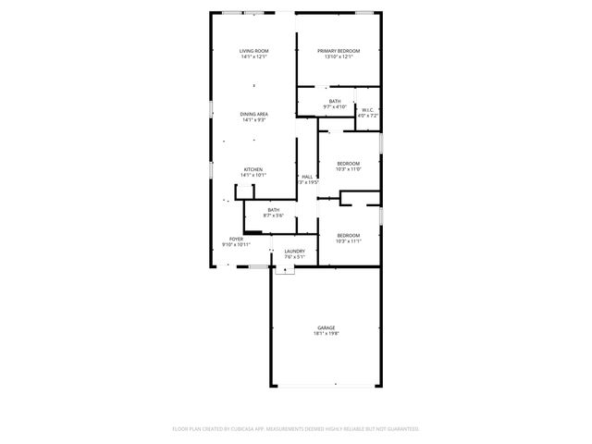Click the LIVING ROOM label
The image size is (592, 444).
(253, 51)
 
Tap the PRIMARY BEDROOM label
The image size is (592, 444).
(339, 51)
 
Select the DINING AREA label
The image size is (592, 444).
(253, 114)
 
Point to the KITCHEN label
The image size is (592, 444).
(253, 169)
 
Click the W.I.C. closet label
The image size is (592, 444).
(367, 110)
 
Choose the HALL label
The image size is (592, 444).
(307, 177)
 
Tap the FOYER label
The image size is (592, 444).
(236, 239)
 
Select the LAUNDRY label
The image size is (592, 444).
(295, 251)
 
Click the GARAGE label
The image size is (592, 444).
(327, 327)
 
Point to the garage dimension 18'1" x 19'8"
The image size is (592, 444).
(327, 334)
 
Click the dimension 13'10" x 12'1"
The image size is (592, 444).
(339, 57)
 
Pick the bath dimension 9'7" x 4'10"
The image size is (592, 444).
(335, 107)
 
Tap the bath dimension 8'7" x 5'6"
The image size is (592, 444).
(274, 216)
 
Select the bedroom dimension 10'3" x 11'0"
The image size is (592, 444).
(348, 168)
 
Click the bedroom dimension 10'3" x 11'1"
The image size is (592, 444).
(348, 240)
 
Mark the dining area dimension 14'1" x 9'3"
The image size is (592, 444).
(253, 120)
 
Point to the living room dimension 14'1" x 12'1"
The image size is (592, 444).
(253, 57)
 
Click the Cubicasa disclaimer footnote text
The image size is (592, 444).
(296, 429)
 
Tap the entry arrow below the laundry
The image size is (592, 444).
(286, 271)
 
